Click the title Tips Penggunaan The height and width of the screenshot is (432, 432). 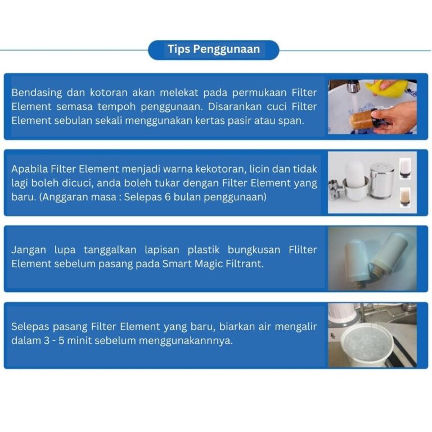pos(214,49)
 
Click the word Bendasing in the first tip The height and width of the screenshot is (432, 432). pos(37,93)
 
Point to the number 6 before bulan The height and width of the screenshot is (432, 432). pos(168,197)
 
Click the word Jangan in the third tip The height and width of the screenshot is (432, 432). pos(29,250)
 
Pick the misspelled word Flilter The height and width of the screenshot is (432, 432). pos(303,250)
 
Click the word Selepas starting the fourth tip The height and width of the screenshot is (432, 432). pos(30,327)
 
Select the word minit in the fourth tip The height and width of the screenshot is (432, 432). pos(79,341)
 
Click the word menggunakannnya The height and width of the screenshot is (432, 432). pos(186,341)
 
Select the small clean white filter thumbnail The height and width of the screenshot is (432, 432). pos(405,168)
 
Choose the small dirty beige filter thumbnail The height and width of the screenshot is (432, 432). pos(405,197)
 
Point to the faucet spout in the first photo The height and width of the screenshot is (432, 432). pos(353,86)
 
